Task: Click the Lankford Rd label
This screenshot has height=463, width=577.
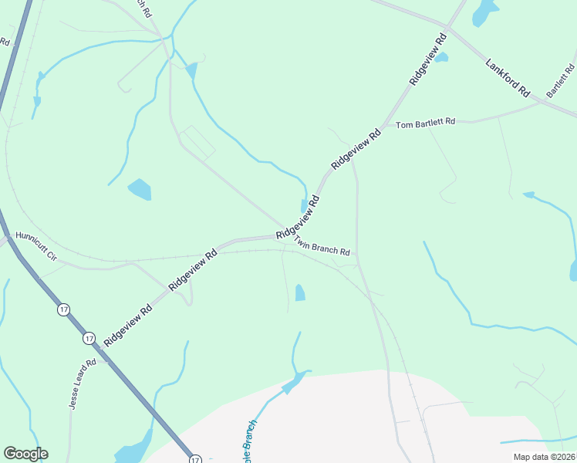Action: [508, 77]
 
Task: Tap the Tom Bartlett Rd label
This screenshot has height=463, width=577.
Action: [426, 123]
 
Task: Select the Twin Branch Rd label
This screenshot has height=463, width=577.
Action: [322, 247]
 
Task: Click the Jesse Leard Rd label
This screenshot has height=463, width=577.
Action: [81, 384]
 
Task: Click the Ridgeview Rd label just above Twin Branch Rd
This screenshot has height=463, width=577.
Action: [298, 217]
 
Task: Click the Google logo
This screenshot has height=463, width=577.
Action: [25, 453]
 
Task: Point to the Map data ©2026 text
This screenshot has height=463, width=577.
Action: [543, 456]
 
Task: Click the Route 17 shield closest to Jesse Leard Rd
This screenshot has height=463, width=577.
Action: [89, 338]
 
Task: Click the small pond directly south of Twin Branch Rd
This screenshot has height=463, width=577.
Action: [300, 292]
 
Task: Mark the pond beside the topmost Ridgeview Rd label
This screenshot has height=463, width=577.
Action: [441, 57]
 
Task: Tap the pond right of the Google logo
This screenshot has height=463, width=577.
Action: [133, 448]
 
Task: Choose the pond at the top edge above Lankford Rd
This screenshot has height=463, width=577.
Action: [484, 12]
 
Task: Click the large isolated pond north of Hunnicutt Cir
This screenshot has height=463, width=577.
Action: [140, 189]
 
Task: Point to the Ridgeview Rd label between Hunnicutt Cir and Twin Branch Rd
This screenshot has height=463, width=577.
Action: [193, 265]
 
